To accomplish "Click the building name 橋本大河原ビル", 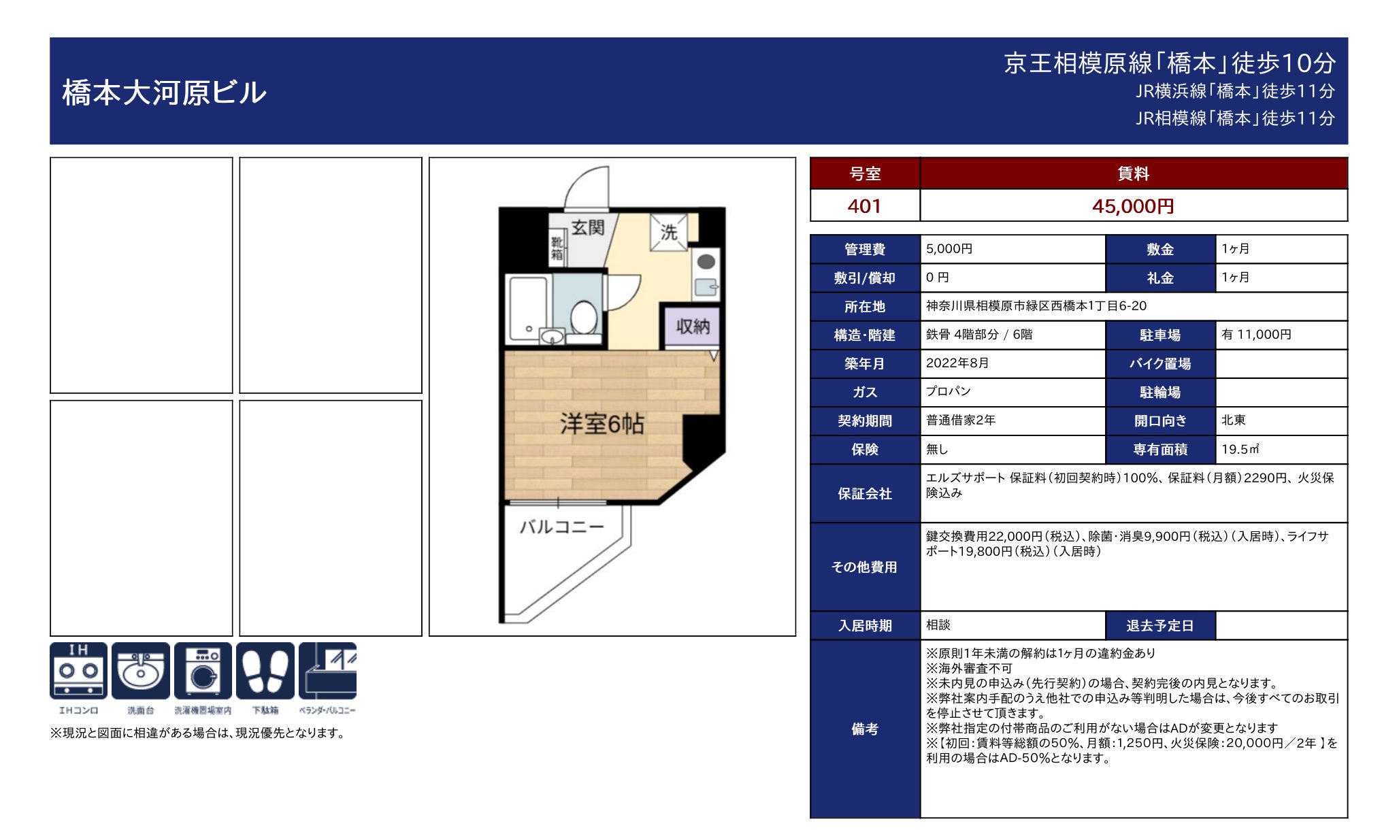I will coord(164,93).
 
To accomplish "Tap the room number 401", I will coord(864,206).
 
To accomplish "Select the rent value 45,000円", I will coord(1133,206).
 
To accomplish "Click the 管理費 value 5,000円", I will coord(949,249).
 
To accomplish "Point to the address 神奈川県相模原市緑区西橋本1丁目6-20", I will coord(1036,306).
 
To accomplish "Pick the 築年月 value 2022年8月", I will coord(957,363).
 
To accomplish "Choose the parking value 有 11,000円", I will coord(1256,335).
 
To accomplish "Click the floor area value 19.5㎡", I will coord(1240,449).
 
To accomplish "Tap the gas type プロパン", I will coord(948,392).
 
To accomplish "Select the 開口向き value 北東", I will coord(1233,420).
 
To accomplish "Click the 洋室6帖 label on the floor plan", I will coord(602,424).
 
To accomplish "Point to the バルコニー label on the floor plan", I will coord(561,527).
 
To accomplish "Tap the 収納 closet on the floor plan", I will coord(692,327).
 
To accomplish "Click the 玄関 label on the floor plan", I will coord(587,227).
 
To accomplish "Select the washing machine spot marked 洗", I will coord(669,232).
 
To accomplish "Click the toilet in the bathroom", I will coord(583,317).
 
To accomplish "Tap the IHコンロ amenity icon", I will coord(78,671).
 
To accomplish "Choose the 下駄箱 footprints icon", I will coord(265,671).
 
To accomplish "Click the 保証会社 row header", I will coord(864,494).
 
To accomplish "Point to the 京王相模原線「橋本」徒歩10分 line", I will coord(1169,63).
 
